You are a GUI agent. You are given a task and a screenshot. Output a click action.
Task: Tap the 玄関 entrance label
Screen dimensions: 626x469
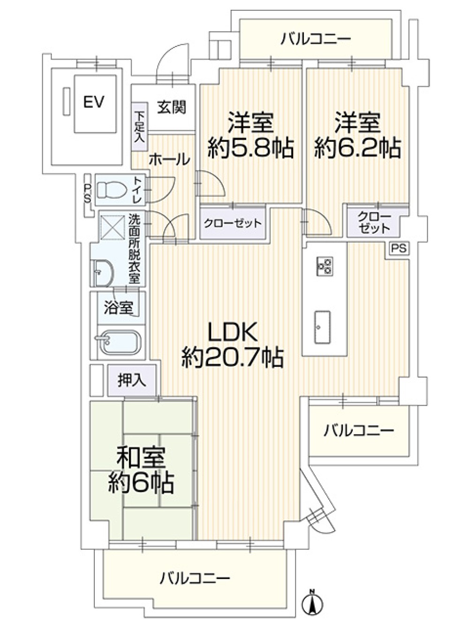(x=171, y=107)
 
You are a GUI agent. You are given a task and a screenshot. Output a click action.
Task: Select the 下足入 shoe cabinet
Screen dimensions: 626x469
(x=139, y=126)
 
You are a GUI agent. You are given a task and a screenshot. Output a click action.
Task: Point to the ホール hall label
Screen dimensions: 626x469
(x=169, y=160)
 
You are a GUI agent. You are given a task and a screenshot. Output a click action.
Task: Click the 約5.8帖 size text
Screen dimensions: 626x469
(x=250, y=148)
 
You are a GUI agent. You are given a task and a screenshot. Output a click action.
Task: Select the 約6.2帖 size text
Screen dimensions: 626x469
(x=357, y=148)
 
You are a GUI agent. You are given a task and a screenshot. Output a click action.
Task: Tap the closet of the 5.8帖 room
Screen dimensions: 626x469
(x=232, y=223)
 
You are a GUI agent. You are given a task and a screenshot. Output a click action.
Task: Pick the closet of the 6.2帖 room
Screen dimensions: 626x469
(x=374, y=223)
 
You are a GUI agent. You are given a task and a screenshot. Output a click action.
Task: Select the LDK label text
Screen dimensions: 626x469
(x=233, y=332)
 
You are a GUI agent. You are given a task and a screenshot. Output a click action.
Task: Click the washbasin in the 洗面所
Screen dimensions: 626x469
(x=102, y=272)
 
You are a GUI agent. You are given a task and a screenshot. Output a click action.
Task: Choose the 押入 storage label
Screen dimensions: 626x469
(x=131, y=380)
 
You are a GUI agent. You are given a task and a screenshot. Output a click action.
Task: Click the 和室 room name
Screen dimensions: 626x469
(x=141, y=456)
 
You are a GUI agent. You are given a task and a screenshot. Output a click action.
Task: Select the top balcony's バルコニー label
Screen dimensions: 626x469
(x=316, y=39)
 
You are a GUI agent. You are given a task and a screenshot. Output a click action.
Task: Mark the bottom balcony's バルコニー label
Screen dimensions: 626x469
(x=195, y=578)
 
